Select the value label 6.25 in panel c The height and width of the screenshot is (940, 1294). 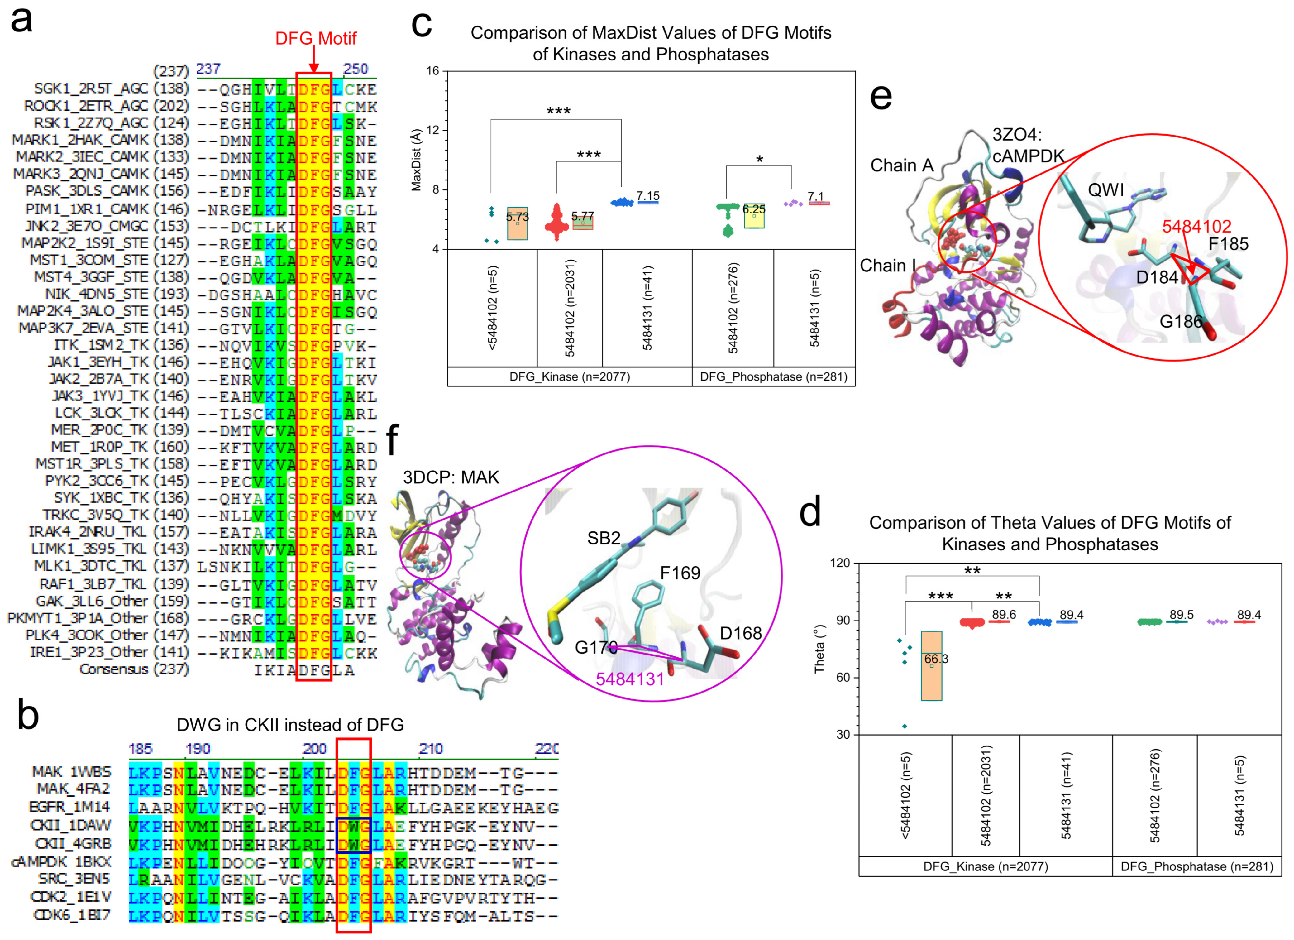coord(754,209)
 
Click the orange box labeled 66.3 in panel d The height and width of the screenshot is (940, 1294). coord(932,665)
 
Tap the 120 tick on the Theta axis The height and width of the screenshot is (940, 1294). coord(840,563)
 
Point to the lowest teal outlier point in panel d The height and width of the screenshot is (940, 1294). coord(904,726)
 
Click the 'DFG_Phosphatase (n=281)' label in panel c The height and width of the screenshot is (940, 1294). coord(774,377)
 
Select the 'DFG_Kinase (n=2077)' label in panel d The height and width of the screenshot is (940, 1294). coord(985,866)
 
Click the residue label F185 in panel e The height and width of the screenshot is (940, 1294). coord(1228,244)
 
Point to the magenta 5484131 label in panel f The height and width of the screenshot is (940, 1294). coord(630,679)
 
